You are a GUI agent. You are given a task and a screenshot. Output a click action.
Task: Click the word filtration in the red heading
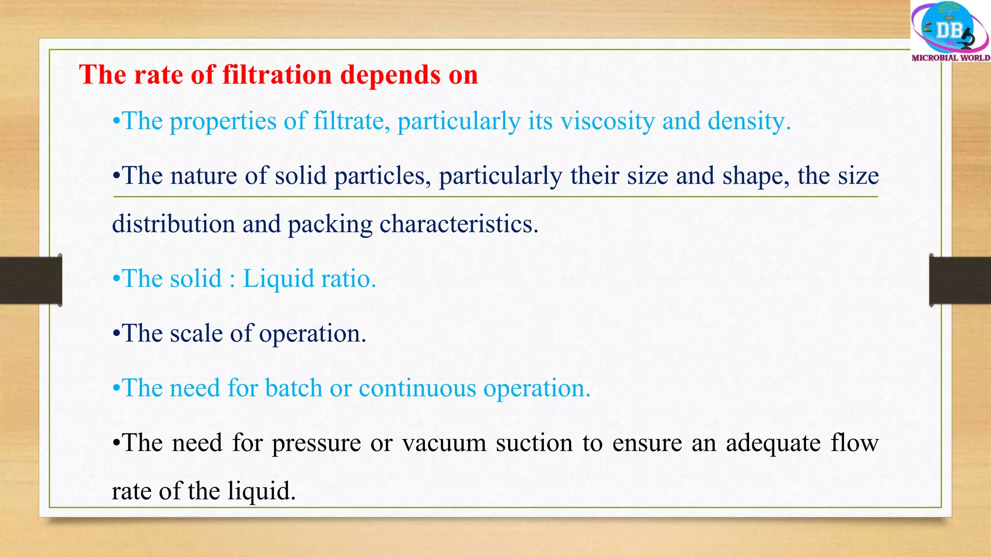pyautogui.click(x=277, y=75)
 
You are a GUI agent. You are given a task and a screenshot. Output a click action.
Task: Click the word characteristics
pyautogui.click(x=458, y=224)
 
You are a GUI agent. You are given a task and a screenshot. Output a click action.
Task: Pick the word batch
pyautogui.click(x=294, y=388)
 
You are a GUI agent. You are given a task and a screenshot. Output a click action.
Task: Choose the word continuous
pyautogui.click(x=418, y=388)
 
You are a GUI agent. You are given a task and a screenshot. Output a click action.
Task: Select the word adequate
pyautogui.click(x=773, y=443)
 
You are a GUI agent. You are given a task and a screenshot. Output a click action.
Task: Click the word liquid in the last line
pyautogui.click(x=261, y=492)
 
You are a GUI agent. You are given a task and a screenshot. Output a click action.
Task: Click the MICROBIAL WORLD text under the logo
pyautogui.click(x=951, y=58)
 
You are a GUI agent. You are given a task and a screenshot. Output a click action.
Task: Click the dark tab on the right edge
pyautogui.click(x=960, y=280)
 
